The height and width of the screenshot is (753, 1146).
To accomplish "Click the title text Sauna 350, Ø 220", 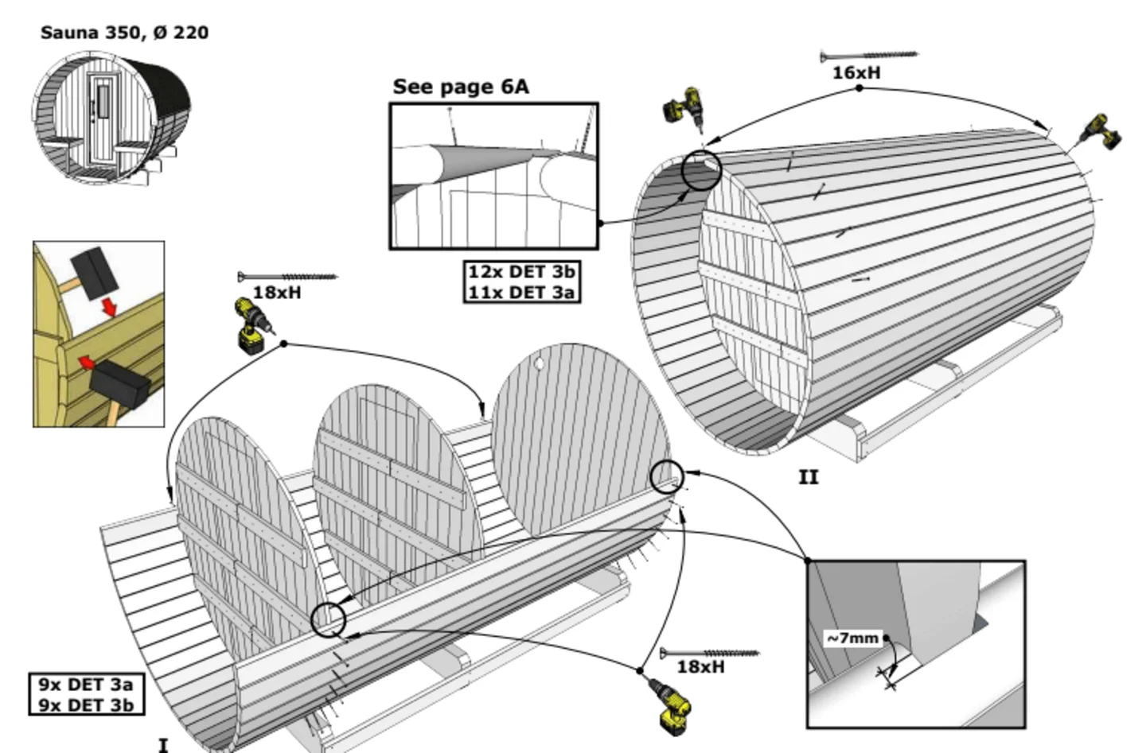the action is (x=124, y=33).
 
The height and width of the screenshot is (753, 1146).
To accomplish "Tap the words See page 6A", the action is (x=461, y=87).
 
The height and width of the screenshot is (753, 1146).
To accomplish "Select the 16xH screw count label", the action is (x=856, y=73).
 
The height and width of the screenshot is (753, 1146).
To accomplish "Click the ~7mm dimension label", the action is (x=853, y=638).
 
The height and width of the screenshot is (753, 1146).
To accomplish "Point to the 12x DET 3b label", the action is (x=522, y=271).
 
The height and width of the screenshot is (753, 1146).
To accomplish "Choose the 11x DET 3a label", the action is (x=522, y=293).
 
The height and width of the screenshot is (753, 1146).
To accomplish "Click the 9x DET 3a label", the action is (x=86, y=684).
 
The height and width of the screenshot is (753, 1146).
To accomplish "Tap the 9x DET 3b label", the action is (x=86, y=705).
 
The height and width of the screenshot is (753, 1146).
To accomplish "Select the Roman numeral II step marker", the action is (x=809, y=477).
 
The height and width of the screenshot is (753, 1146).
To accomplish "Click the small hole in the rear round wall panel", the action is (x=539, y=363).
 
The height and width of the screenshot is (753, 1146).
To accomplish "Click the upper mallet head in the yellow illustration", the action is (x=94, y=273).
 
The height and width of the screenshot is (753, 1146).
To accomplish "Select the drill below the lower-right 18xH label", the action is (x=670, y=705).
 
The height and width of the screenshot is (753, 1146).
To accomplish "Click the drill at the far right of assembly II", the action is (x=1101, y=133).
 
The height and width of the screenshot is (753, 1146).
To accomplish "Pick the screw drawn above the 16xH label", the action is (x=869, y=55).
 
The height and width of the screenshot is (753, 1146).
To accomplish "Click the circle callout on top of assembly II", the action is (x=701, y=170).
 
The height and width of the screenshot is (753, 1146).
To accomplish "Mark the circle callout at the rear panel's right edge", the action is (x=667, y=477).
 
